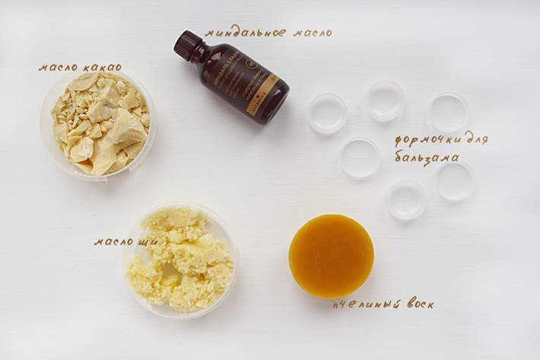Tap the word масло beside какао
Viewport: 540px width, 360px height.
[x=57, y=68]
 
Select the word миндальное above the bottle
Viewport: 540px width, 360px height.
[x=246, y=33]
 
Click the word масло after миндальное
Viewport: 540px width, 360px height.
[x=310, y=33]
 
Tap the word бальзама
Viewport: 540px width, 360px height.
[x=426, y=158]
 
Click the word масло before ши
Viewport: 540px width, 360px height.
[x=113, y=241]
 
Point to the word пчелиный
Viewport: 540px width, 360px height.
[x=364, y=304]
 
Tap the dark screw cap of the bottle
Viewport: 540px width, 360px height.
[x=185, y=44]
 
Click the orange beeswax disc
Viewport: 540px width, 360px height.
[x=331, y=256]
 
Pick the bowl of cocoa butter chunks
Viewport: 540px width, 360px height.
[x=98, y=123]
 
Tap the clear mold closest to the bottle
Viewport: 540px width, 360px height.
[x=328, y=113]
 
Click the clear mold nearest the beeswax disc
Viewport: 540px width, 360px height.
[x=405, y=200]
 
